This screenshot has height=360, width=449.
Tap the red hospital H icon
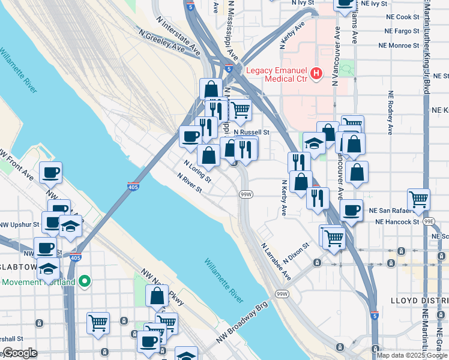[x=317, y=74]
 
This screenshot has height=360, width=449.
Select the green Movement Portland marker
[x=85, y=281]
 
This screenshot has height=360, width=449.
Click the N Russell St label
[x=252, y=132]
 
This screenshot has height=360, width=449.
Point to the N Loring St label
[x=197, y=171]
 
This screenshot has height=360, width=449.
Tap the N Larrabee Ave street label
[x=276, y=262]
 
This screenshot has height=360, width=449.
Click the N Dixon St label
[x=298, y=251]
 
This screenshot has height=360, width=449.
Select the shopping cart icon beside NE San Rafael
[x=418, y=199]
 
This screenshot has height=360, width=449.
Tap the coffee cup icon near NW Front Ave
[x=50, y=173]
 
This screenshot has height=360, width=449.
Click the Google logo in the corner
[x=20, y=353]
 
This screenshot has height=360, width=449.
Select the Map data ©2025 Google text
[x=412, y=355]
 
